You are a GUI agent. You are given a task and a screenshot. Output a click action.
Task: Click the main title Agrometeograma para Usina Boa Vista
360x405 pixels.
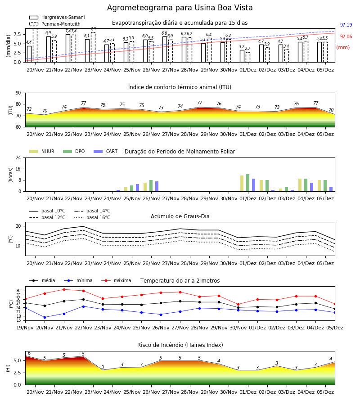tap(180, 8)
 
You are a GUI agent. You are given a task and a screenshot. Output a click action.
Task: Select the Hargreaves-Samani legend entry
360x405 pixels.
tap(57, 17)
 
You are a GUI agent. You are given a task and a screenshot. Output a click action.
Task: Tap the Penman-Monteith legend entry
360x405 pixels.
tap(55, 24)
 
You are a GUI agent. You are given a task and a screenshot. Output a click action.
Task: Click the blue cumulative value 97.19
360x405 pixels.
tap(346, 25)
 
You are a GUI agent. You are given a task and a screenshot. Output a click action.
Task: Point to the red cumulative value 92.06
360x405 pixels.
tap(346, 36)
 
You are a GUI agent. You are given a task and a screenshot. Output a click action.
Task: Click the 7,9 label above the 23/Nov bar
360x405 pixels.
tap(93, 29)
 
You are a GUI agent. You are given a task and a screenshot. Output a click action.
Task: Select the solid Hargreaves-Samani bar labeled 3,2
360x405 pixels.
tap(242, 56)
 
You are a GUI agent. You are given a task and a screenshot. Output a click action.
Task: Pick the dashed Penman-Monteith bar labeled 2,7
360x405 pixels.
tap(248, 57)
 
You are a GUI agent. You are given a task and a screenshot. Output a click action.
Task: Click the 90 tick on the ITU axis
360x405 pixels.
tap(18, 93)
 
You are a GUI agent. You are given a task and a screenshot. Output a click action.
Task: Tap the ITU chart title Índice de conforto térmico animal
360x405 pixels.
tap(180, 87)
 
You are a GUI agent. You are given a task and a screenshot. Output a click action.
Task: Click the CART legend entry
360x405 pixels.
tap(106, 151)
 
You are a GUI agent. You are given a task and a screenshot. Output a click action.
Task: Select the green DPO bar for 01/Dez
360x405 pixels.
tap(247, 183)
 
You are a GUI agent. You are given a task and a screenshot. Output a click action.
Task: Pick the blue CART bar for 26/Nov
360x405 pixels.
tap(157, 186)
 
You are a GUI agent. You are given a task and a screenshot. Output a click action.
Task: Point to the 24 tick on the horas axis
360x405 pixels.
tap(18, 157)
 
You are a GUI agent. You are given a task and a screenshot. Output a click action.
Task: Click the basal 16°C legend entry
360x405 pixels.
tap(92, 217)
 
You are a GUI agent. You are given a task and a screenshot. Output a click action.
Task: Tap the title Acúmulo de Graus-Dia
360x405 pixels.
tap(180, 216)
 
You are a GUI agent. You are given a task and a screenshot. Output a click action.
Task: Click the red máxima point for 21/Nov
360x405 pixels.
tap(64, 289)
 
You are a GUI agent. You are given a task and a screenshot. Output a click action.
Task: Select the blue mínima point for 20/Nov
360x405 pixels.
tap(45, 317)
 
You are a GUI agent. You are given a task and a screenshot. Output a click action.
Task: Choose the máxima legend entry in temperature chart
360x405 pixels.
tap(116, 280)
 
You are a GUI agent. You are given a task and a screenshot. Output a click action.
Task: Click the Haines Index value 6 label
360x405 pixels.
tap(29, 353)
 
